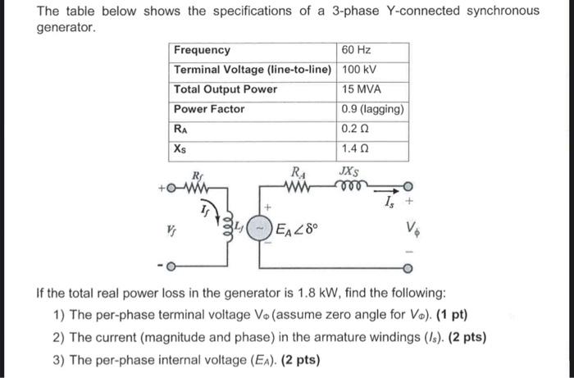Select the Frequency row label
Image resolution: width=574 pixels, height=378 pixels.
pyautogui.click(x=202, y=50)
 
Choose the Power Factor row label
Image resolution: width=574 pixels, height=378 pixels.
pyautogui.click(x=209, y=109)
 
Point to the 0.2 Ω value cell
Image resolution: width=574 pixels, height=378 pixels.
pyautogui.click(x=355, y=129)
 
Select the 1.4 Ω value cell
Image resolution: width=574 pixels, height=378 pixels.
pyautogui.click(x=355, y=149)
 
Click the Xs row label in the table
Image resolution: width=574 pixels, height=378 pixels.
pyautogui.click(x=181, y=149)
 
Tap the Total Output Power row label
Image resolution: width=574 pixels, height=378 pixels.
pyautogui.click(x=225, y=89)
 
